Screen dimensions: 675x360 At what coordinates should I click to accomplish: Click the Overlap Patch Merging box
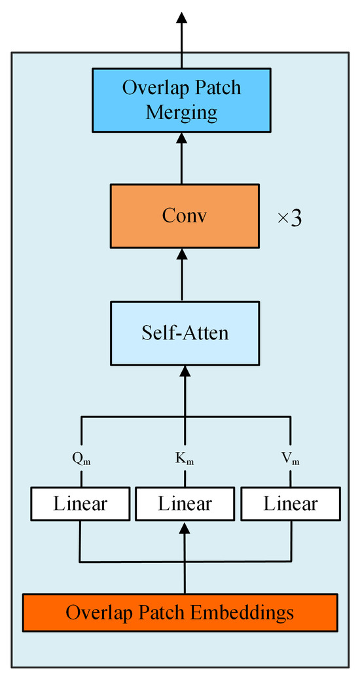[181, 99]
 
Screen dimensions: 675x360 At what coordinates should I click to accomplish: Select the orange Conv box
[184, 216]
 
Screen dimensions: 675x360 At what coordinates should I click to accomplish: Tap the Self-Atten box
[185, 333]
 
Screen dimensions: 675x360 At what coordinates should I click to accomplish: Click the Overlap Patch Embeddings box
[180, 613]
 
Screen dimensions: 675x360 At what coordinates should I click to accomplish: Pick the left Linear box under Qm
[80, 504]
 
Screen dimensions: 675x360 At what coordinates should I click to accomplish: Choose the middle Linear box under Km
[185, 504]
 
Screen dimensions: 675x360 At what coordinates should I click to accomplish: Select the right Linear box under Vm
[291, 504]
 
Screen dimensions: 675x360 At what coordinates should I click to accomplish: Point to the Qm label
[81, 459]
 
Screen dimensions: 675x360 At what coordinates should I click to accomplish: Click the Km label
[185, 459]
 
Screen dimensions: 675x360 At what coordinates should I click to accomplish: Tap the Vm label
[291, 459]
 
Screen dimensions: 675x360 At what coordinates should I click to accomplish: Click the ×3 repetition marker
[289, 218]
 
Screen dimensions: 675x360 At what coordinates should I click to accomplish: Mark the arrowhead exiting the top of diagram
[181, 18]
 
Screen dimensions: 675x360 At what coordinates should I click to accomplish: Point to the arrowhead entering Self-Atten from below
[185, 372]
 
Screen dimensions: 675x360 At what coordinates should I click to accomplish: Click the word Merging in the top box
[181, 112]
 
